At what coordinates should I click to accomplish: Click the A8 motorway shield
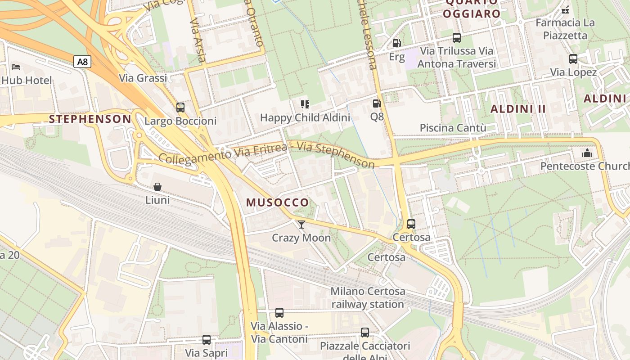(x=82, y=62)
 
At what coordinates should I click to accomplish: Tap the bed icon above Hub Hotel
(x=16, y=67)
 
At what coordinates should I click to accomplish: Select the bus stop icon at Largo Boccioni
(x=180, y=108)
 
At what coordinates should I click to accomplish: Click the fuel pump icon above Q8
(x=377, y=103)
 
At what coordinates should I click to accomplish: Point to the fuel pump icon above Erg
(x=396, y=43)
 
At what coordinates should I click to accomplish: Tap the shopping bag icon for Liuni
(x=157, y=186)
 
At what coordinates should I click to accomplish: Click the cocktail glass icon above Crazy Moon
(x=301, y=224)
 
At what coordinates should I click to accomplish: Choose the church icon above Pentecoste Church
(x=587, y=153)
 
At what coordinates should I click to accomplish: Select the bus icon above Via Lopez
(x=573, y=59)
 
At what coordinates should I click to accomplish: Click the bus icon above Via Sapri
(x=207, y=340)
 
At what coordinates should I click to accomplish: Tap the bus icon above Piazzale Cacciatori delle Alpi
(x=365, y=333)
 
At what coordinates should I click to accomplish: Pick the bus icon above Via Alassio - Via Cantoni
(x=279, y=313)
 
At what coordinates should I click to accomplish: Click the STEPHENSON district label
(x=90, y=119)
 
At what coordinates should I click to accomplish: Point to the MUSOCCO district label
(x=278, y=202)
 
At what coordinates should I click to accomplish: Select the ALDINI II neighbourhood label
(x=518, y=108)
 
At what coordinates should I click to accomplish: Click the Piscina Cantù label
(x=453, y=128)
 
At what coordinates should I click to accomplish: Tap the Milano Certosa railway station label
(x=368, y=297)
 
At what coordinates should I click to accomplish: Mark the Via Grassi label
(x=143, y=78)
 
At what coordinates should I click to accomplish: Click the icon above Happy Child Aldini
(x=305, y=104)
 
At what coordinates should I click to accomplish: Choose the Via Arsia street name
(x=198, y=40)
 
